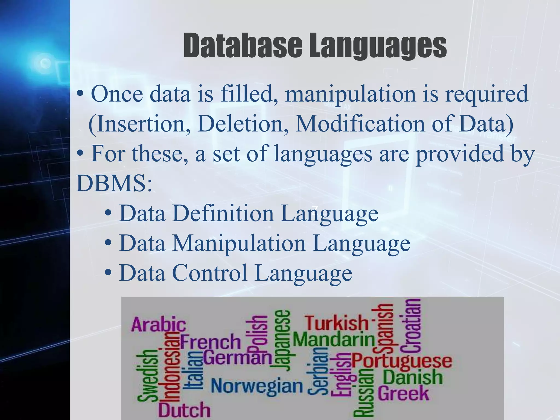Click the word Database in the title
click(x=243, y=46)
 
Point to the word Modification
click(x=360, y=124)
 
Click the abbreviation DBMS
click(x=114, y=183)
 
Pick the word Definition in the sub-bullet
click(x=223, y=213)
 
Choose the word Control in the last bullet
click(x=210, y=273)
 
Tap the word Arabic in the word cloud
click(x=159, y=325)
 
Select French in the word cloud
click(x=210, y=342)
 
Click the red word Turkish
click(x=337, y=323)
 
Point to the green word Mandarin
click(x=334, y=340)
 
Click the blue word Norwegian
click(x=257, y=386)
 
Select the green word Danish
click(x=412, y=377)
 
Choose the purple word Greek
click(x=403, y=393)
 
